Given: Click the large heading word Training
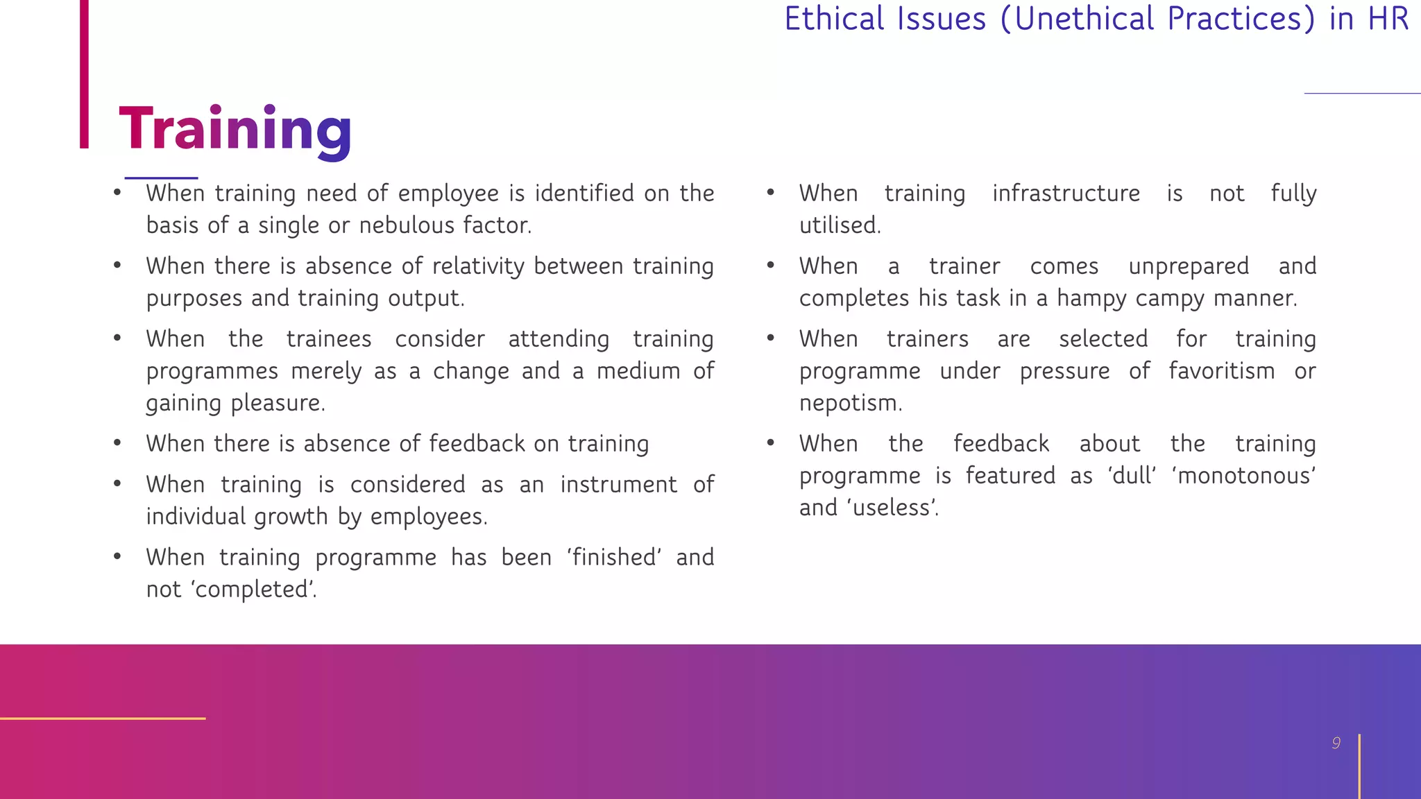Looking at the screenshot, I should [x=235, y=129].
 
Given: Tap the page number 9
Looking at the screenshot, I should [x=1336, y=744].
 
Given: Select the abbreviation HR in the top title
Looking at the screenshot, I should [x=1388, y=19].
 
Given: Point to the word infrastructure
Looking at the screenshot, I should [x=1066, y=194].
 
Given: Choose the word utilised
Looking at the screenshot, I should [x=840, y=225].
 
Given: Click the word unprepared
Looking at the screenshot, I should [x=1189, y=266].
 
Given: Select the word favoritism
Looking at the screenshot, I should [x=1221, y=371].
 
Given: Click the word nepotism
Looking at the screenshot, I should [x=850, y=403].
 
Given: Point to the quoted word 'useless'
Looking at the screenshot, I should [x=892, y=508].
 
